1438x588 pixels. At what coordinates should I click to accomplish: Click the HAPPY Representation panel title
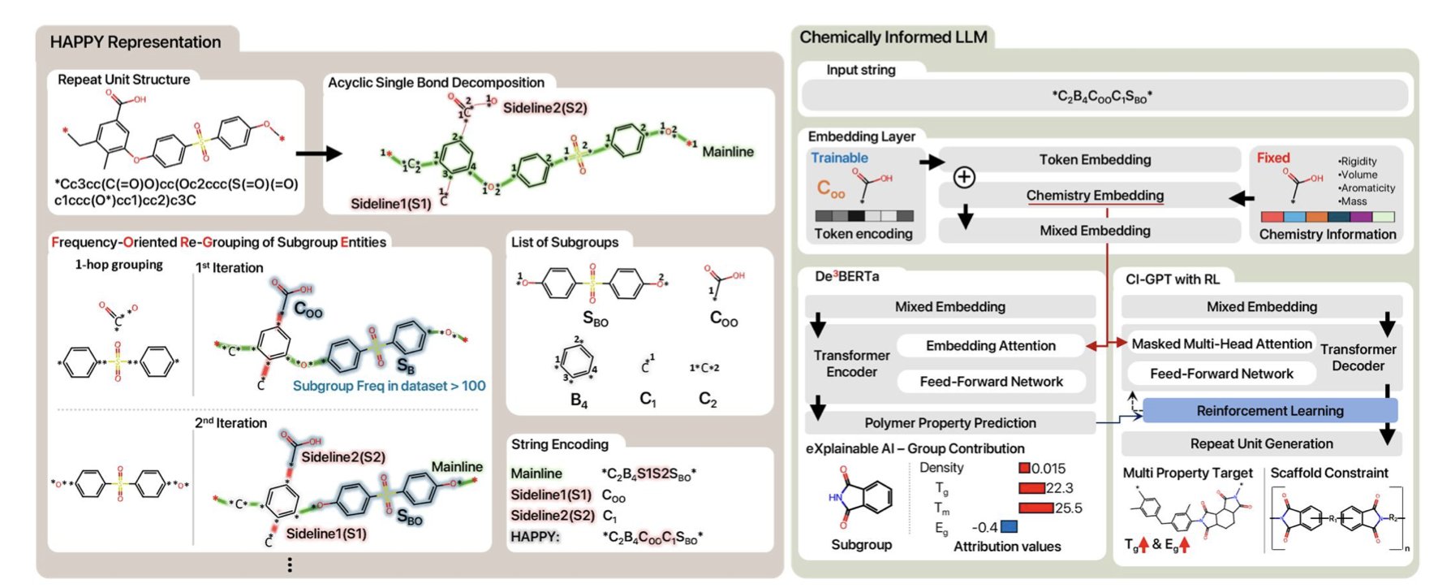pyautogui.click(x=136, y=42)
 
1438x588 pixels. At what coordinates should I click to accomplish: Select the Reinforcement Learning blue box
pyautogui.click(x=1269, y=411)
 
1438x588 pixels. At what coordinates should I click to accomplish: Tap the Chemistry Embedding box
pyautogui.click(x=1094, y=195)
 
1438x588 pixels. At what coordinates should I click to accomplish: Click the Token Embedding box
pyautogui.click(x=1094, y=160)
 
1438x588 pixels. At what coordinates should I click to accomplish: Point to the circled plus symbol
pyautogui.click(x=964, y=177)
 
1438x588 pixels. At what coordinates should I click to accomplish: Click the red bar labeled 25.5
pyautogui.click(x=1035, y=508)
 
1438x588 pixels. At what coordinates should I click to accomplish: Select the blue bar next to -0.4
pyautogui.click(x=1009, y=527)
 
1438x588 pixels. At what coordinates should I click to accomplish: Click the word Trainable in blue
pyautogui.click(x=839, y=158)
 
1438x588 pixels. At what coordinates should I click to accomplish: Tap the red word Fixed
pyautogui.click(x=1272, y=158)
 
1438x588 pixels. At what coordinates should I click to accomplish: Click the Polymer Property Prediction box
pyautogui.click(x=949, y=423)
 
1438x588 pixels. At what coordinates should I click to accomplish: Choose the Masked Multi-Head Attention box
pyautogui.click(x=1221, y=344)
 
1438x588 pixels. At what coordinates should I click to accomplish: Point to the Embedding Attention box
pyautogui.click(x=990, y=346)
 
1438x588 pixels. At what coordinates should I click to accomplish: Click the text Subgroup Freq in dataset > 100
pyautogui.click(x=389, y=386)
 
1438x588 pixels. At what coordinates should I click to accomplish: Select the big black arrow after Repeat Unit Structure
pyautogui.click(x=318, y=153)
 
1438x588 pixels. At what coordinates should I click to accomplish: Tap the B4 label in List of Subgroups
pyautogui.click(x=579, y=400)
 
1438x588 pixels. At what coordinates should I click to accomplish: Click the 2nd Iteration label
pyautogui.click(x=230, y=423)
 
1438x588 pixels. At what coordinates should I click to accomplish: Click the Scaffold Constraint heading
pyautogui.click(x=1328, y=473)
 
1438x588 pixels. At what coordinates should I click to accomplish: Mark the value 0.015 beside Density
pyautogui.click(x=1048, y=469)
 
